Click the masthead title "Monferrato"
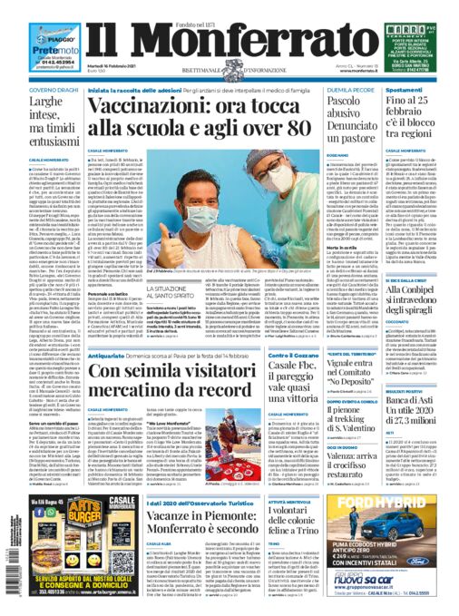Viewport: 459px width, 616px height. pyautogui.click(x=229, y=37)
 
